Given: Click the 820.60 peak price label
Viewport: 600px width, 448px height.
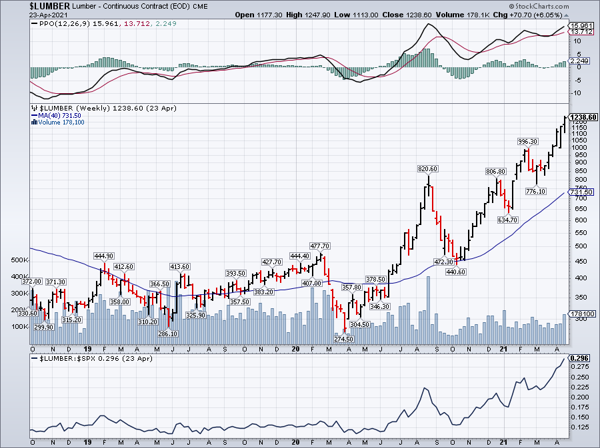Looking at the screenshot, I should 427,169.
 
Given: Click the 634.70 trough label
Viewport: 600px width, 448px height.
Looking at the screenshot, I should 507,220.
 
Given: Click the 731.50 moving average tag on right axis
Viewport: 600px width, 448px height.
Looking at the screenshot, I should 583,192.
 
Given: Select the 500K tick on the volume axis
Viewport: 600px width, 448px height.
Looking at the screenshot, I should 20,260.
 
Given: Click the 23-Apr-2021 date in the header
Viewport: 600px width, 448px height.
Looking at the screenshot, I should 18,15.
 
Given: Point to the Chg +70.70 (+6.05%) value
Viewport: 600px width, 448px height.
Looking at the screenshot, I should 543,15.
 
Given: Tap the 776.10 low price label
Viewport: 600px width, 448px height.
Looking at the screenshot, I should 534,192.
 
